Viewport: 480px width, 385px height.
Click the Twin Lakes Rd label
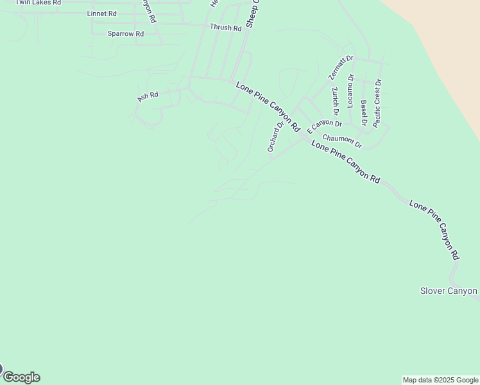click(x=38, y=3)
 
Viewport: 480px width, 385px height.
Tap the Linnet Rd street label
click(x=102, y=13)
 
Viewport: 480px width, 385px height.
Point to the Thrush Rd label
click(x=225, y=28)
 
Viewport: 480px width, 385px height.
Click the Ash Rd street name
click(x=148, y=96)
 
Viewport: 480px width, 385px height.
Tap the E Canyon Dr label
click(x=324, y=124)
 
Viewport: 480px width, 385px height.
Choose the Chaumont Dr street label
click(x=342, y=141)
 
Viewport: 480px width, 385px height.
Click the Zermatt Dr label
click(x=341, y=68)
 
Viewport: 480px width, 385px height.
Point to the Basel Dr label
click(x=364, y=113)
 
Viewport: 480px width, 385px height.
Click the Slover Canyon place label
click(x=449, y=291)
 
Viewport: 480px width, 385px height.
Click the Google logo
click(x=21, y=377)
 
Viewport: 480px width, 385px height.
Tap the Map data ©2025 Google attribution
click(x=440, y=380)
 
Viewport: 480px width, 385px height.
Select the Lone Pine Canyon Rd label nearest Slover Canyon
click(x=435, y=229)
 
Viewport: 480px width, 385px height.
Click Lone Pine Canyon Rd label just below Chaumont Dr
click(x=346, y=162)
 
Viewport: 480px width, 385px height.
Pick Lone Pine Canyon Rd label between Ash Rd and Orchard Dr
click(x=268, y=107)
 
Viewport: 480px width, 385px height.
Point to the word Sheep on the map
click(x=252, y=14)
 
